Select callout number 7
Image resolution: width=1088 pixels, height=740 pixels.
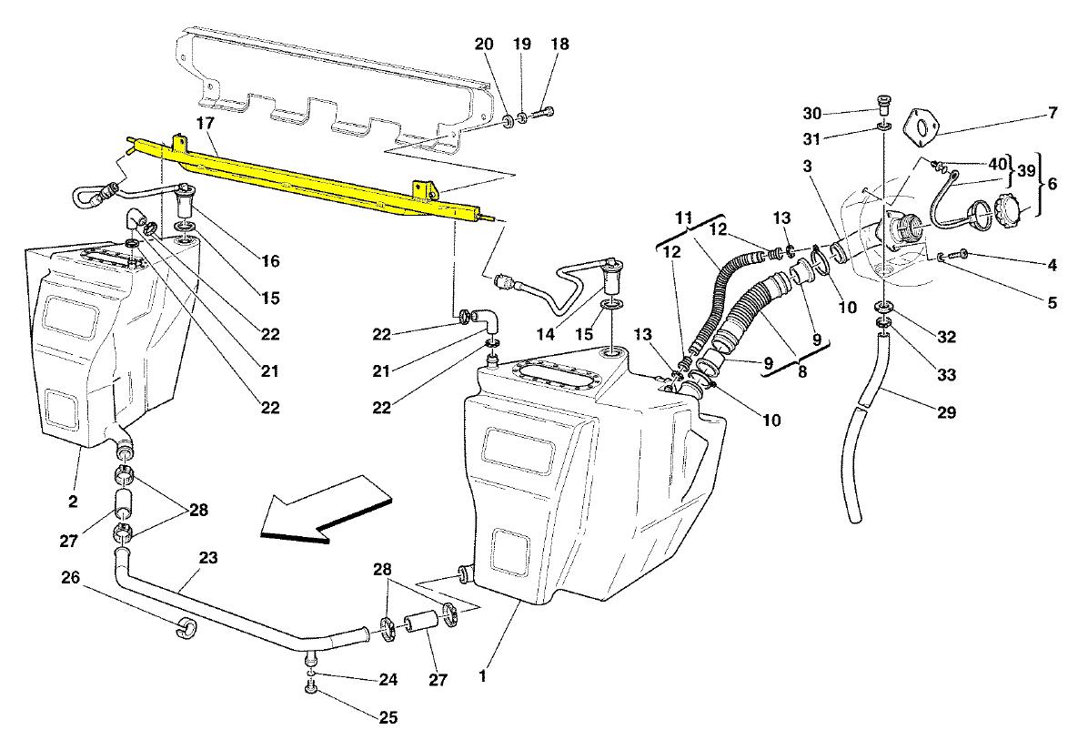pyautogui.click(x=1052, y=114)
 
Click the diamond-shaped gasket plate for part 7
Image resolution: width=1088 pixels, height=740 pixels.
pyautogui.click(x=923, y=127)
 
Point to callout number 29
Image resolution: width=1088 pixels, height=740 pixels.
pyautogui.click(x=946, y=412)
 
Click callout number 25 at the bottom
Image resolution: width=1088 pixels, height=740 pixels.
pyautogui.click(x=388, y=718)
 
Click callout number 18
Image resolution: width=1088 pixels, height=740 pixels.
pyautogui.click(x=558, y=45)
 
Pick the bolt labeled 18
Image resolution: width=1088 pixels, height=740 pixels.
pyautogui.click(x=543, y=115)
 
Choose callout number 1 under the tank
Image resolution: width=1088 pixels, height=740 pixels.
pyautogui.click(x=483, y=676)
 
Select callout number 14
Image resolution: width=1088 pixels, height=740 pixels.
pyautogui.click(x=545, y=334)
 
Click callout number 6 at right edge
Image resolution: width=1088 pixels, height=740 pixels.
pyautogui.click(x=1052, y=182)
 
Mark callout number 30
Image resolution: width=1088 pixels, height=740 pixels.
pyautogui.click(x=811, y=114)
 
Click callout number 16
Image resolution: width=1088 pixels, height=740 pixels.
pyautogui.click(x=269, y=261)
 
